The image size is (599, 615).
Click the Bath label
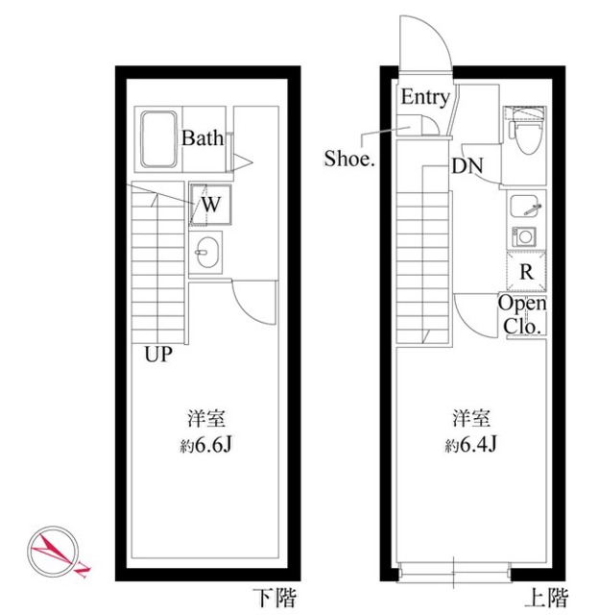203,138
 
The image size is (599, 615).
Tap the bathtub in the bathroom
158,139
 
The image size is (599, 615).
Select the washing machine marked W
210,205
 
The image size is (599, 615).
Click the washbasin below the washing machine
205,252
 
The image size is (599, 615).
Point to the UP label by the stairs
158,355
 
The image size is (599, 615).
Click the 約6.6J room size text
206,445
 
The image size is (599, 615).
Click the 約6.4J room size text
470,445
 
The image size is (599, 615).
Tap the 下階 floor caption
275,598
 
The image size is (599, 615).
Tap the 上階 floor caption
546,598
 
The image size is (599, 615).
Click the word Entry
425,97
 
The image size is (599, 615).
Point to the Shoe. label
349,159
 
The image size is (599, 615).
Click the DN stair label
467,166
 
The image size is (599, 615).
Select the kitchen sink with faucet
526,207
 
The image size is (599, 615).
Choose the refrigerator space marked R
526,271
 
